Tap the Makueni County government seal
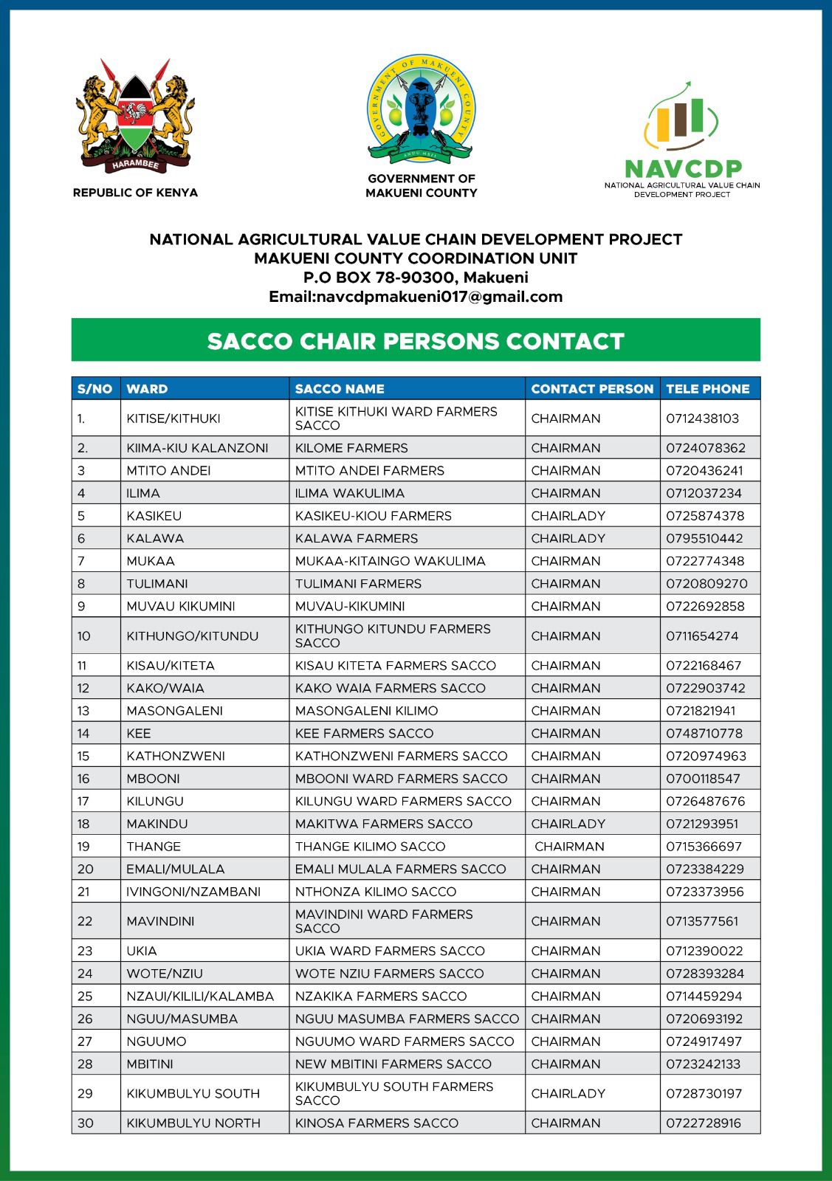coord(422,109)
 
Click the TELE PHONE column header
coord(707,389)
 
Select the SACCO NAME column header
coord(340,389)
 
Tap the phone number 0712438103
coord(702,419)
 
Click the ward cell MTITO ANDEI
coord(168,471)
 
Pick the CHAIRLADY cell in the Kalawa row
coord(568,538)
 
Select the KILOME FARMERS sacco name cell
coord(351,448)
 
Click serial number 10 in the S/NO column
coord(83,636)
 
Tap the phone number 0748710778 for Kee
coord(704,734)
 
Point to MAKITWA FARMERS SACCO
coord(383,824)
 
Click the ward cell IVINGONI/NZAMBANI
coord(193,892)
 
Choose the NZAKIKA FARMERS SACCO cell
coord(381,996)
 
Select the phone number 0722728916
coord(704,1123)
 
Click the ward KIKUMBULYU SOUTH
coord(193,1094)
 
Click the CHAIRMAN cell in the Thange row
coord(569,847)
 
